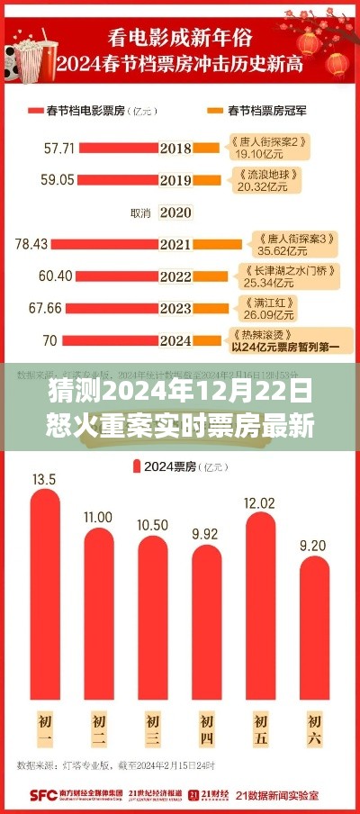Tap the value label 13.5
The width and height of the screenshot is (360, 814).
[43, 479]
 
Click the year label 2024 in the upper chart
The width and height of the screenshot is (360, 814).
[175, 341]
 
